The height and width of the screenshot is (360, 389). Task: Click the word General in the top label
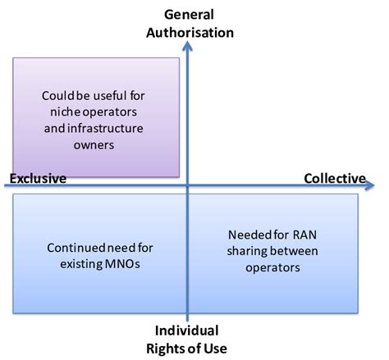[x=188, y=14]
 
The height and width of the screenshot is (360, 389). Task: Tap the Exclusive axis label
[x=39, y=178]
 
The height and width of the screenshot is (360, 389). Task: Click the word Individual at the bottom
[x=188, y=330]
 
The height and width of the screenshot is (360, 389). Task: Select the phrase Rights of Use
[x=188, y=348]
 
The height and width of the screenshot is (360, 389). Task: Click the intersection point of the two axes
[x=189, y=186]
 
